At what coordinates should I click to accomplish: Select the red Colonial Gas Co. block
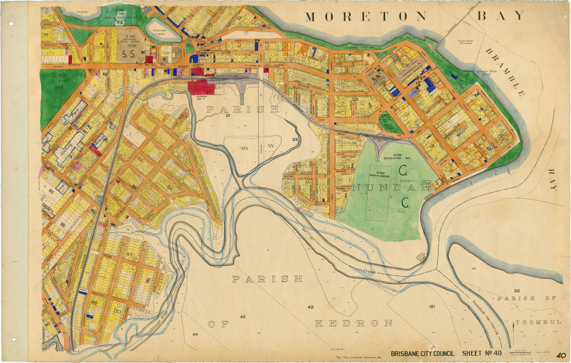[x=201, y=88]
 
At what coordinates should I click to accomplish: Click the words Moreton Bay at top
[x=415, y=16]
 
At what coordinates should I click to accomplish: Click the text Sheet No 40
[x=482, y=353]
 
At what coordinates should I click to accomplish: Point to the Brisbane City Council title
[x=422, y=354]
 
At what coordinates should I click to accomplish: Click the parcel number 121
[x=432, y=306]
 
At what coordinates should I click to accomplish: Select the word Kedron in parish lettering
[x=354, y=323]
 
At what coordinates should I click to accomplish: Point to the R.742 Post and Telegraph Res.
[x=177, y=50]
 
